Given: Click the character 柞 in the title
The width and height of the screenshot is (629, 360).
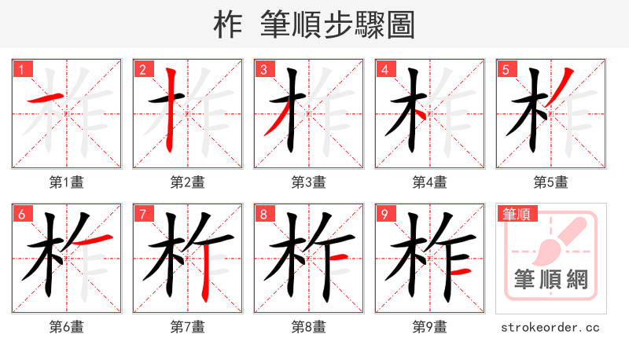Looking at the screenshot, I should tap(228, 24).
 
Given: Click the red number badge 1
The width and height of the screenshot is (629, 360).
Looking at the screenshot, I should tap(20, 69).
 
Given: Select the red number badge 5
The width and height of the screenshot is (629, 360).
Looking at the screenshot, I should tap(505, 69).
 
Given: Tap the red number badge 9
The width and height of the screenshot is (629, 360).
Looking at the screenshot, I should tap(384, 214).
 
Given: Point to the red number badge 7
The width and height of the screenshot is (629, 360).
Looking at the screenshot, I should tap(142, 214).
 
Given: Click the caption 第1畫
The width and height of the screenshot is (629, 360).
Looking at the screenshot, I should tap(66, 182).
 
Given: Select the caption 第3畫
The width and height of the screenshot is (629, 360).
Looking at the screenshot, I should tap(308, 182).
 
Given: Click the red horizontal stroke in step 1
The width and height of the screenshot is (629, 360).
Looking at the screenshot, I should tap(47, 99).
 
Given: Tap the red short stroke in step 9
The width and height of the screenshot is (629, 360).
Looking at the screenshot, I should tap(462, 272).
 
